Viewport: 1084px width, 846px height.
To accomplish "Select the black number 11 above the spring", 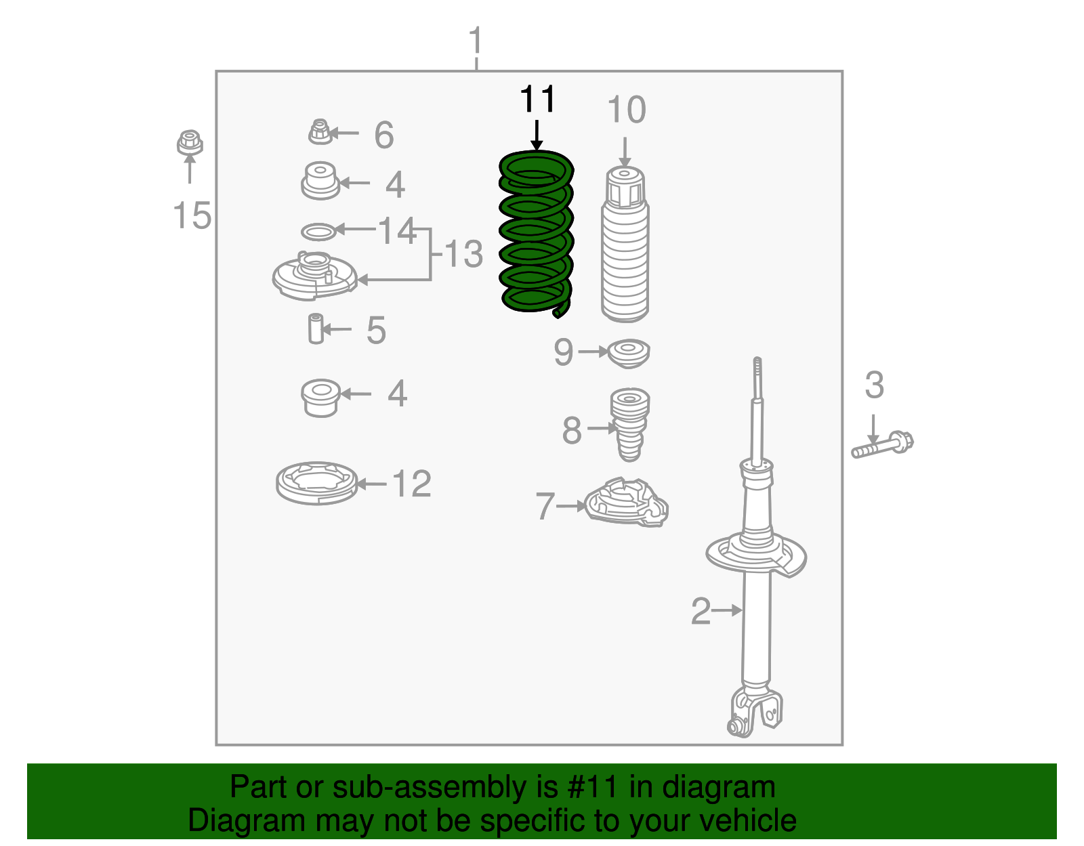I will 537,100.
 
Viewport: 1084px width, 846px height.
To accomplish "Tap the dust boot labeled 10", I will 625,251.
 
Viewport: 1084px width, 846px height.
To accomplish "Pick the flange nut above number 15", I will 190,142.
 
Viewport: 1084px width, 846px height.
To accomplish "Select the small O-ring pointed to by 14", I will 318,232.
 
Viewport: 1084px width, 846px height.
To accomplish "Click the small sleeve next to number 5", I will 315,329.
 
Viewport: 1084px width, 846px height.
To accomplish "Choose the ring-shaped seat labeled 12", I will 316,483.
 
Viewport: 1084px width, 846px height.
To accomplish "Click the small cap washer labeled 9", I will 629,353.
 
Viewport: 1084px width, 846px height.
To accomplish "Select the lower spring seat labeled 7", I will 627,503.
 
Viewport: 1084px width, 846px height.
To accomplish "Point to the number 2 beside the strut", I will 701,611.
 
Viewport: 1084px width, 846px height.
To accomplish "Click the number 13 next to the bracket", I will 463,255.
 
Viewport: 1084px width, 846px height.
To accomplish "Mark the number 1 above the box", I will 476,42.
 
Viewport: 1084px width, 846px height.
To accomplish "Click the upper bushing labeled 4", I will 320,181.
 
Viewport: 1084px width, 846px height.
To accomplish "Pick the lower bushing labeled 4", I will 320,397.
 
